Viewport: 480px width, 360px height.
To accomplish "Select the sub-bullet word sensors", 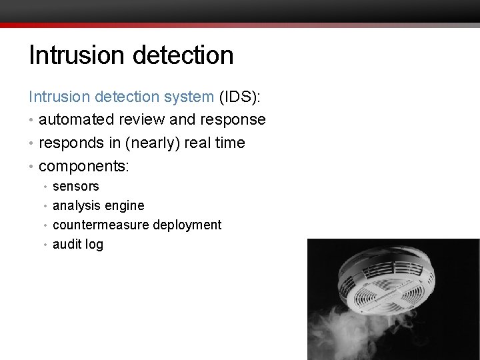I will click(x=75, y=187).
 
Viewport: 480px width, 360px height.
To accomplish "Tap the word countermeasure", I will click(x=101, y=225).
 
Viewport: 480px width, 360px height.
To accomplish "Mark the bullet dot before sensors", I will click(x=45, y=187).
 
